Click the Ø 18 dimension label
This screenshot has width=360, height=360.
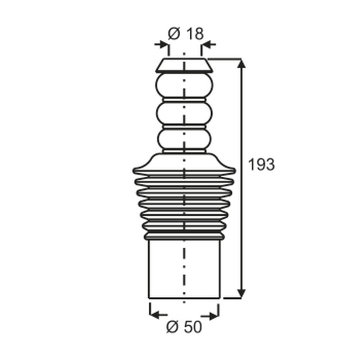(x=185, y=34)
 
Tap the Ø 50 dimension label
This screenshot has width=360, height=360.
(x=184, y=327)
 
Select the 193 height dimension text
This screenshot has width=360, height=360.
(x=261, y=164)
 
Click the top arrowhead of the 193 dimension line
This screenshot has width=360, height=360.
(x=241, y=63)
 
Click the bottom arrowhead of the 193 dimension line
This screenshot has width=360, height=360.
(x=241, y=294)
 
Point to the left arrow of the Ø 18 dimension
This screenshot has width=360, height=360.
(x=161, y=44)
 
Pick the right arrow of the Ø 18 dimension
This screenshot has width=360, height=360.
(x=209, y=44)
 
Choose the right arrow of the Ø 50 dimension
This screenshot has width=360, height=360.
(x=210, y=317)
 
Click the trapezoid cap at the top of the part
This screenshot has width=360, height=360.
(x=184, y=66)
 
